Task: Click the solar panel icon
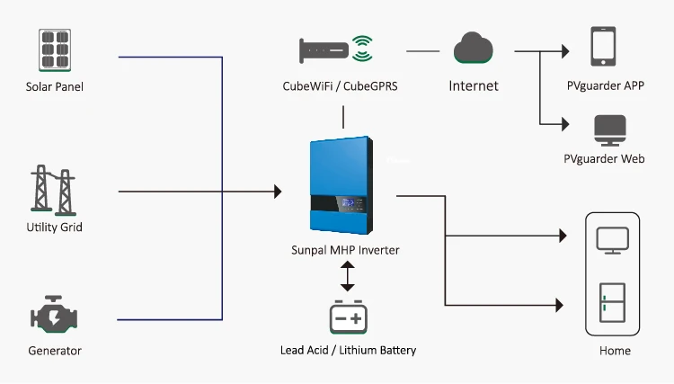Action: [55, 49]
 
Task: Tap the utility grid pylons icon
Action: [53, 190]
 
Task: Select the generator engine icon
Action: [54, 315]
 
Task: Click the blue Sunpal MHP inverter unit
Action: [341, 185]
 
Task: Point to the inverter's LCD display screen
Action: [348, 202]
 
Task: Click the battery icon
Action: [348, 317]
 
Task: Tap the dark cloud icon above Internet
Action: [474, 48]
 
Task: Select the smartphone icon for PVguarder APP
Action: [603, 47]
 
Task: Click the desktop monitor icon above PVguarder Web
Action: [610, 130]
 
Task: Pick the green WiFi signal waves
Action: [362, 49]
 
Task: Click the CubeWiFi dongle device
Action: [324, 50]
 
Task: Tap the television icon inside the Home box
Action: [613, 240]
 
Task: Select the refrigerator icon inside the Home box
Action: [613, 302]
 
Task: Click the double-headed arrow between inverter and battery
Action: [347, 276]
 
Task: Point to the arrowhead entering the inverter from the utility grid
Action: [278, 192]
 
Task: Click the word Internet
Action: [474, 86]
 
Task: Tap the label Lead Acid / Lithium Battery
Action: [348, 351]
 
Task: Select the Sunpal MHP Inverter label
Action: [345, 250]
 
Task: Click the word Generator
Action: [55, 351]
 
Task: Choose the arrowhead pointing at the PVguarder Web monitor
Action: [565, 124]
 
